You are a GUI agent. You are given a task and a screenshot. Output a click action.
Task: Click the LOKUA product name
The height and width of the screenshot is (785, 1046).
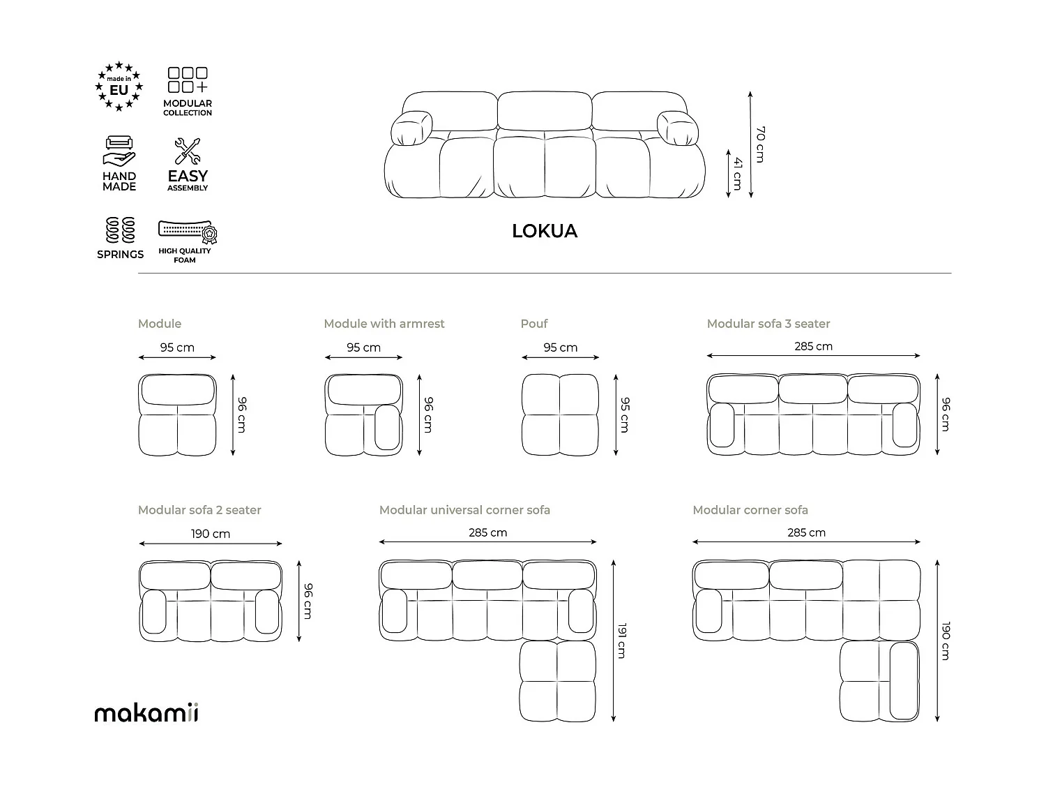544,231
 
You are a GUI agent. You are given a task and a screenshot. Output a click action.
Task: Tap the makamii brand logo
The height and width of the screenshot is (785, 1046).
146,712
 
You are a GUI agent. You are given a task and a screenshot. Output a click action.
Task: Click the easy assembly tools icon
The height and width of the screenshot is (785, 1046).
187,151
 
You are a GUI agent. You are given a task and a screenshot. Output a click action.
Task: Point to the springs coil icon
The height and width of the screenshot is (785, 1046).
120,230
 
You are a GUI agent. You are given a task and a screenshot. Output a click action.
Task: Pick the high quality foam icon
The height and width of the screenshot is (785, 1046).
188,232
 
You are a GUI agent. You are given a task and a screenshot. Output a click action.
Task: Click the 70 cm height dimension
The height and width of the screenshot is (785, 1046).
760,144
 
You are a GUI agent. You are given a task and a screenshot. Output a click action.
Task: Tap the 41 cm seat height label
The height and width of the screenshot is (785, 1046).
737,174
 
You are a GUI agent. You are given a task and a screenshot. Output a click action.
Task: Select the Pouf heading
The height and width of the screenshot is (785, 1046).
534,324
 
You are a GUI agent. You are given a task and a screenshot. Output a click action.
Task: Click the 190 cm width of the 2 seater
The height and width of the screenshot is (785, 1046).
211,534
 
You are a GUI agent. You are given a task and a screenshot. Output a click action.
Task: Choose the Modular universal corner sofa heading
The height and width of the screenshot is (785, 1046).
464,510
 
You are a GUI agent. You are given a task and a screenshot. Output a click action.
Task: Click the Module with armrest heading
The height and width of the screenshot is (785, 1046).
384,324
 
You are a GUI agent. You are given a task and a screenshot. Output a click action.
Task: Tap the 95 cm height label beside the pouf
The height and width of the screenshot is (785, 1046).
625,414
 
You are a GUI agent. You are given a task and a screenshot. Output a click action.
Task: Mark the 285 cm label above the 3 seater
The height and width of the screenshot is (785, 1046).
813,346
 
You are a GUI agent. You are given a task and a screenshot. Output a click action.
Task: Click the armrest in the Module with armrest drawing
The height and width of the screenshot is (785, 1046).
387,427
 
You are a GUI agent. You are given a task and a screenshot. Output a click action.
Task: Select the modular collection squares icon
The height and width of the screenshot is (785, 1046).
188,81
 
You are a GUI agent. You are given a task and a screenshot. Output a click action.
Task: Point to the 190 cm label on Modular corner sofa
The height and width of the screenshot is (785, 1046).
946,640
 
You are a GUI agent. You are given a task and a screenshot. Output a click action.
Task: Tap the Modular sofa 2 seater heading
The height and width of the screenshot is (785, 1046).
199,510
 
